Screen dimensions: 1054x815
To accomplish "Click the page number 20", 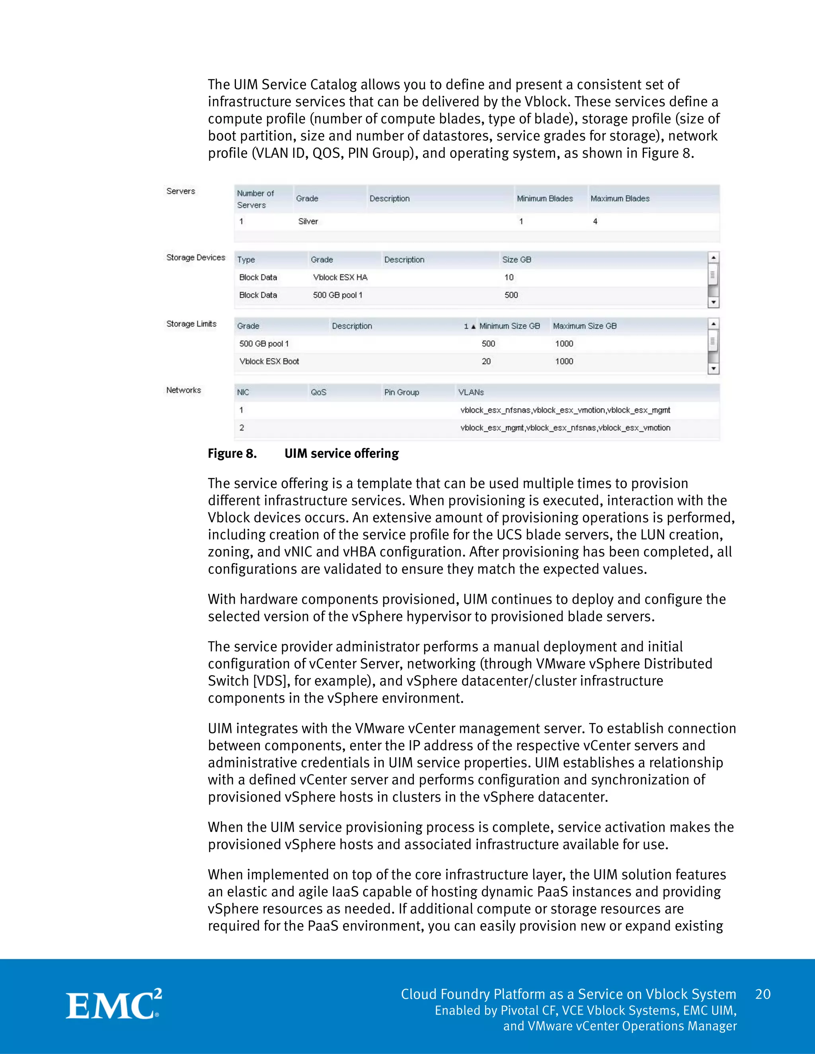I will [x=763, y=994].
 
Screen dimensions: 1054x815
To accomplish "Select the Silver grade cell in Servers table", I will [x=308, y=222].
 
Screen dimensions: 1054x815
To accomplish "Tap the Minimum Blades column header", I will [x=545, y=198].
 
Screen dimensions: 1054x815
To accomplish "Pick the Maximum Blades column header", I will [x=620, y=198].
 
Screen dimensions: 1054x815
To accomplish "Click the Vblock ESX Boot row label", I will [x=269, y=362].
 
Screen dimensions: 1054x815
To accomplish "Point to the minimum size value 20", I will [x=486, y=362].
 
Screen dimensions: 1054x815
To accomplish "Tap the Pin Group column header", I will [x=402, y=392].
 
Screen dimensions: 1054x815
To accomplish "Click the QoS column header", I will [x=319, y=392].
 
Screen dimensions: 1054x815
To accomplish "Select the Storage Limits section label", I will [x=191, y=324].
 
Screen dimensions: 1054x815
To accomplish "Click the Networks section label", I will [x=183, y=390].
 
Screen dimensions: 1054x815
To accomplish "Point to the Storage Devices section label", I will [x=195, y=258].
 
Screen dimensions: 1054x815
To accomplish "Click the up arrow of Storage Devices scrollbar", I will [x=713, y=257].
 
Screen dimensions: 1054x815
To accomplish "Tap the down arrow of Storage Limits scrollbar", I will [x=713, y=369].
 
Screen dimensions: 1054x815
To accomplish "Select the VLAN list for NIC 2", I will [x=565, y=428].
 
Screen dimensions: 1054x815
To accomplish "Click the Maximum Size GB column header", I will [x=585, y=326].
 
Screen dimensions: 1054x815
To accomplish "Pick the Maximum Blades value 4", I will [x=595, y=222].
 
